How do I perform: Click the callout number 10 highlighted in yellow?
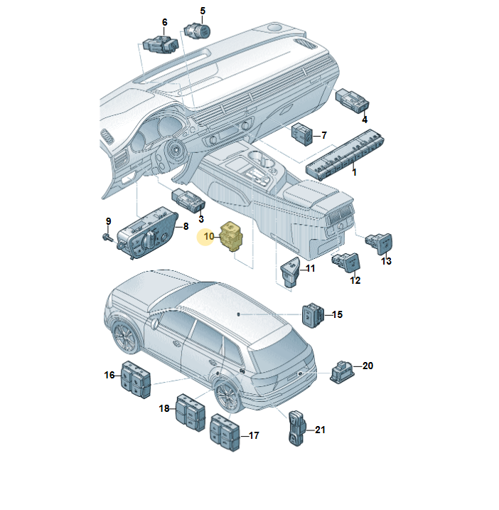point(209,236)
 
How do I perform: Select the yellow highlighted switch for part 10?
point(232,236)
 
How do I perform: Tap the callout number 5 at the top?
point(203,11)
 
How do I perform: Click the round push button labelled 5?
point(198,31)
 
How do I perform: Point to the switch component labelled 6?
point(161,44)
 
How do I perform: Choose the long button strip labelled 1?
point(345,155)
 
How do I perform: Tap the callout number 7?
point(323,135)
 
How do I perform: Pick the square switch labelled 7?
point(302,134)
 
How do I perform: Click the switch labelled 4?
point(352,100)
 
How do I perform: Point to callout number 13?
point(386,261)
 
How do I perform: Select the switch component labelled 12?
point(346,262)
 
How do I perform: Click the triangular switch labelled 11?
point(289,272)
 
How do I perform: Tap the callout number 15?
point(337,314)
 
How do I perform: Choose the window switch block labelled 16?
point(136,379)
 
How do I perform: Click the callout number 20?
point(367,366)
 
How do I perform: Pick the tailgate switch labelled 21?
point(297,427)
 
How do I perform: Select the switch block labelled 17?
point(225,432)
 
